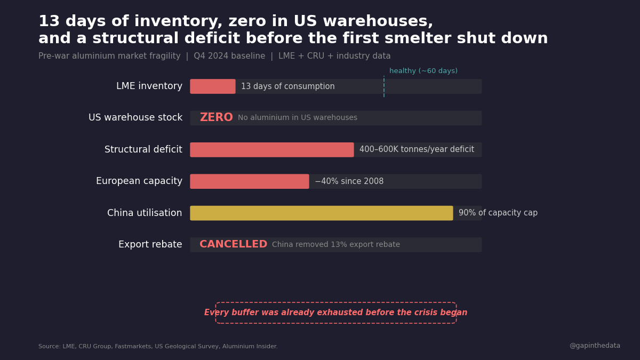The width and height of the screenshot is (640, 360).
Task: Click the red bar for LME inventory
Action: (x=213, y=86)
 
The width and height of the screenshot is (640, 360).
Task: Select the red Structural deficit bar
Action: (x=272, y=150)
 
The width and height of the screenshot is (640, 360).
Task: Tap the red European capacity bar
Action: (x=250, y=181)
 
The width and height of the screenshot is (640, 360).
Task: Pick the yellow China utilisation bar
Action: (x=322, y=213)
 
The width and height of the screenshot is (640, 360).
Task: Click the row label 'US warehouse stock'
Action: (x=135, y=118)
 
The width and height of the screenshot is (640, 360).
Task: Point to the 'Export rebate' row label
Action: (x=150, y=245)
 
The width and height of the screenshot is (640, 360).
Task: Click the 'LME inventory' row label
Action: (x=149, y=86)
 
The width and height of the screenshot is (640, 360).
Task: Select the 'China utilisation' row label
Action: (x=145, y=213)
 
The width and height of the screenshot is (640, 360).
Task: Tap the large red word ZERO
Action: (x=216, y=118)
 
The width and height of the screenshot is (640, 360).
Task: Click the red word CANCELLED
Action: (x=233, y=245)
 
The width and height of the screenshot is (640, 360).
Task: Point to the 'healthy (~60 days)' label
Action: (x=423, y=71)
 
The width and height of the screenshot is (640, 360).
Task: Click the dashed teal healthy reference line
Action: (x=384, y=86)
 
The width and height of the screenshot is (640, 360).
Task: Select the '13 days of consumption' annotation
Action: (x=288, y=86)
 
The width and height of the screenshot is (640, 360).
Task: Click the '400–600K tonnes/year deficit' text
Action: (x=417, y=150)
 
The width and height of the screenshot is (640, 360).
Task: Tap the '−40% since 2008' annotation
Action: (x=349, y=181)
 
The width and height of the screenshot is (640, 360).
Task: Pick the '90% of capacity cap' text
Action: (x=498, y=213)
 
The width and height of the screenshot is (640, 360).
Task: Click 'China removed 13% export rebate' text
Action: (x=336, y=245)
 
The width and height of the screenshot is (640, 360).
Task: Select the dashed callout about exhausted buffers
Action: (x=336, y=313)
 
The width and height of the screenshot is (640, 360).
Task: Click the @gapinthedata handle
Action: (x=595, y=346)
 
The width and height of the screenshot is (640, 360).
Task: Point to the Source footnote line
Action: (x=158, y=347)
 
